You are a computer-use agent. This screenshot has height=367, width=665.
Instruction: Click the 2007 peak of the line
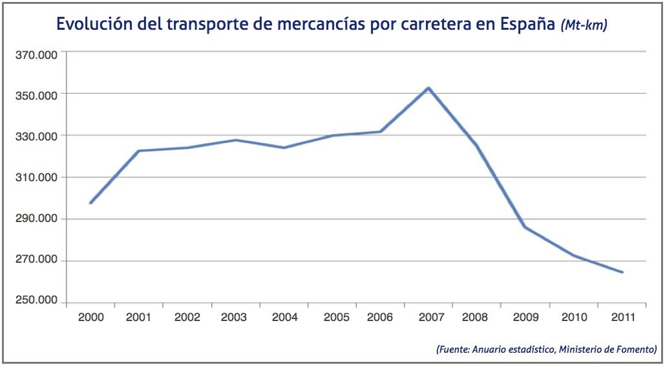(428, 88)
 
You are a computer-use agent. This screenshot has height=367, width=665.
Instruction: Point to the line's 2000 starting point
(90, 203)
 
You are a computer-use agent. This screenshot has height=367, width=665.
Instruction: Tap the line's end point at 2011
(622, 272)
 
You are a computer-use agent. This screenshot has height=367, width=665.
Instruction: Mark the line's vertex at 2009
(525, 227)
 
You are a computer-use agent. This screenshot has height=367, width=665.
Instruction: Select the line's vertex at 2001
(138, 151)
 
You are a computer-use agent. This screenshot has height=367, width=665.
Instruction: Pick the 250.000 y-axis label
(37, 301)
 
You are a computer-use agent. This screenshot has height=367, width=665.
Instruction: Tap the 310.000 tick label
(37, 177)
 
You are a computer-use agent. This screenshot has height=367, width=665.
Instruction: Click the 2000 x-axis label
(90, 317)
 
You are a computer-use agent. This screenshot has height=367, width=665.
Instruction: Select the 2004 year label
(284, 317)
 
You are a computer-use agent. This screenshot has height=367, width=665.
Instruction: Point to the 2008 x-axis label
(475, 317)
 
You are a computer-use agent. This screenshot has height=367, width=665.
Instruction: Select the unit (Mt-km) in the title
(584, 26)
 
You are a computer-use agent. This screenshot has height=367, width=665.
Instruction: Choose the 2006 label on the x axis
(380, 317)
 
